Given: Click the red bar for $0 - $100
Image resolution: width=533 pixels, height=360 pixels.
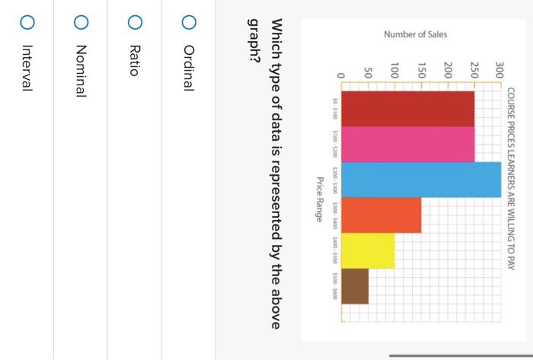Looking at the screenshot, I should coord(408,109).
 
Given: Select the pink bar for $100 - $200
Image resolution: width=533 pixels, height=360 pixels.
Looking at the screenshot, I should coord(408,145).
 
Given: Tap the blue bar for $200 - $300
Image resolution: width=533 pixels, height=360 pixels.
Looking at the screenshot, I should coord(421,180).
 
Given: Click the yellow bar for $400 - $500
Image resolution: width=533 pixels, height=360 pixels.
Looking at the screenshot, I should coord(368,251).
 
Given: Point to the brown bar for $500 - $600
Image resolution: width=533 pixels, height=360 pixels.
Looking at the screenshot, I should coord(355,286).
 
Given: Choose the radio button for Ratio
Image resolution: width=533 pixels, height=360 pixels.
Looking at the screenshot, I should coord(134,24).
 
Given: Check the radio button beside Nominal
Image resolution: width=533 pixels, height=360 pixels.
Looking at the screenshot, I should coord(81,24).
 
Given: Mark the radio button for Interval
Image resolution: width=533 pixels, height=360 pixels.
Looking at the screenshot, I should coord(27,24).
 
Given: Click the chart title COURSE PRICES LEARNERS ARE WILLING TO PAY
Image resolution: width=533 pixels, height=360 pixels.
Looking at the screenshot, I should coord(511,179).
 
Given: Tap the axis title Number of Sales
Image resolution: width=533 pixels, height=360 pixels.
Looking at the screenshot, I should coord(416,35).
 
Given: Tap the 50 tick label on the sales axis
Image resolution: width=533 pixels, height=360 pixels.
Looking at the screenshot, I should coord(368,75).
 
